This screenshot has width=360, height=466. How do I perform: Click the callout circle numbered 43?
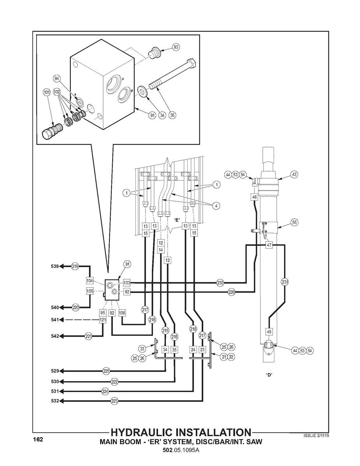(x=294, y=175)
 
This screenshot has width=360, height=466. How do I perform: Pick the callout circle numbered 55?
(x=294, y=222)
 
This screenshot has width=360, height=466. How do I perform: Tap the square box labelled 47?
(x=269, y=245)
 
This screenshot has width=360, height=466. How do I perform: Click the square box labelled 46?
(x=255, y=197)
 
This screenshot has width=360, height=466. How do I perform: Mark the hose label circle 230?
(x=220, y=283)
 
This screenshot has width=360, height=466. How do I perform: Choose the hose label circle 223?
(x=114, y=401)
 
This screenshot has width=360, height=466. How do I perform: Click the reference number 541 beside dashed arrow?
(x=54, y=320)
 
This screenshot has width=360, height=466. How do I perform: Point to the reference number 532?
(x=54, y=401)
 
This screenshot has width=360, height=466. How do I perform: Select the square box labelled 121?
(x=103, y=320)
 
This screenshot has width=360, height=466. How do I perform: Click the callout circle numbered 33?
(x=142, y=349)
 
